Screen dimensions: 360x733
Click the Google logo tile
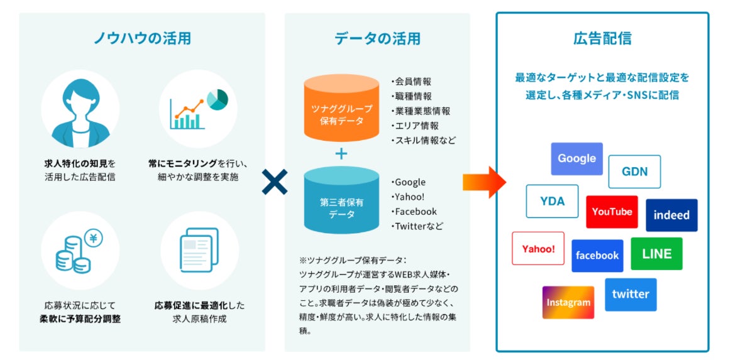click(x=576, y=159)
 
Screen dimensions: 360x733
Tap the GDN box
click(x=634, y=172)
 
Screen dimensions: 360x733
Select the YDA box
click(x=552, y=201)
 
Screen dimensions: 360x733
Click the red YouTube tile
click(x=612, y=212)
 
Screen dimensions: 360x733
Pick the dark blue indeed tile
click(x=671, y=215)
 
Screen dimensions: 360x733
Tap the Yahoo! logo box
click(x=538, y=249)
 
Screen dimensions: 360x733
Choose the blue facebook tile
click(x=597, y=256)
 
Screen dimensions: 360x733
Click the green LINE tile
click(x=656, y=254)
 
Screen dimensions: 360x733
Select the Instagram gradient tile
click(x=568, y=302)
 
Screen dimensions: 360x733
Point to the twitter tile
click(x=631, y=294)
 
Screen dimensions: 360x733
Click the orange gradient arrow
click(x=484, y=183)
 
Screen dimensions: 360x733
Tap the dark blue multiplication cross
click(x=275, y=183)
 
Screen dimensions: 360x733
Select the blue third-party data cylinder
click(x=341, y=200)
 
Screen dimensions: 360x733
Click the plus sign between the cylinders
click(x=341, y=154)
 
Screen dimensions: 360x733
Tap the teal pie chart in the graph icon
click(x=217, y=99)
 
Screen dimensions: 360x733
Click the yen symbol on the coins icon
click(x=94, y=239)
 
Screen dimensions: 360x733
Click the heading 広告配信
click(x=602, y=38)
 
